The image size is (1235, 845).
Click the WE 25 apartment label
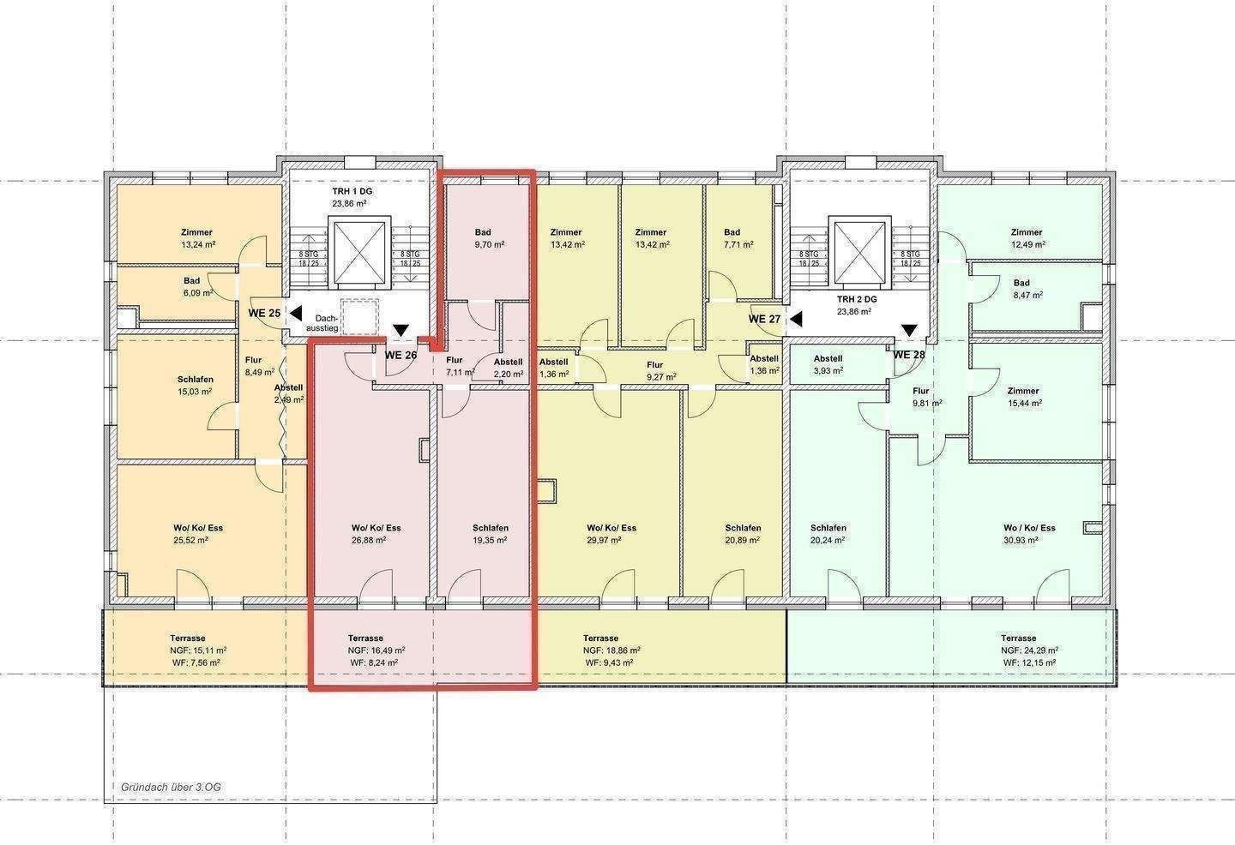tap(264, 313)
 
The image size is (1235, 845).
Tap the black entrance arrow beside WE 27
tap(795, 318)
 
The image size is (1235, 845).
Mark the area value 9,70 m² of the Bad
tap(489, 244)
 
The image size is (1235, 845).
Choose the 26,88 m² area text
tap(368, 540)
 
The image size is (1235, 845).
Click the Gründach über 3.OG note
tap(171, 788)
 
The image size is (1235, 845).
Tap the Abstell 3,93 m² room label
tap(828, 365)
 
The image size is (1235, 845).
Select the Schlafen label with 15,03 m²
tap(195, 385)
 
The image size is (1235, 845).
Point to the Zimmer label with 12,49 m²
tap(1027, 238)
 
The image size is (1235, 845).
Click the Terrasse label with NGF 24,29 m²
tap(1019, 638)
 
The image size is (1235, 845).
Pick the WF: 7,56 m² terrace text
tap(196, 662)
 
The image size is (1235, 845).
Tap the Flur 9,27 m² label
tap(660, 371)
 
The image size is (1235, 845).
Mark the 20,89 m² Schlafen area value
tap(743, 540)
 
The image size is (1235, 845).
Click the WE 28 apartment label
tap(908, 355)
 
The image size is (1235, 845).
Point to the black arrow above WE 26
tap(401, 331)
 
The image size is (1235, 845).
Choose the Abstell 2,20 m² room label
tap(508, 368)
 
